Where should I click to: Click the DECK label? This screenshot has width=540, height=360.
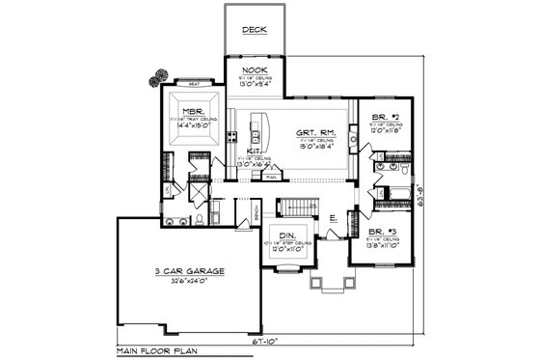click(x=254, y=30)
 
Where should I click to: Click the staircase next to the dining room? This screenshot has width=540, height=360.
click(x=293, y=208)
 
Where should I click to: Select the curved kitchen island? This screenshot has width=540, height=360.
click(x=259, y=125)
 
